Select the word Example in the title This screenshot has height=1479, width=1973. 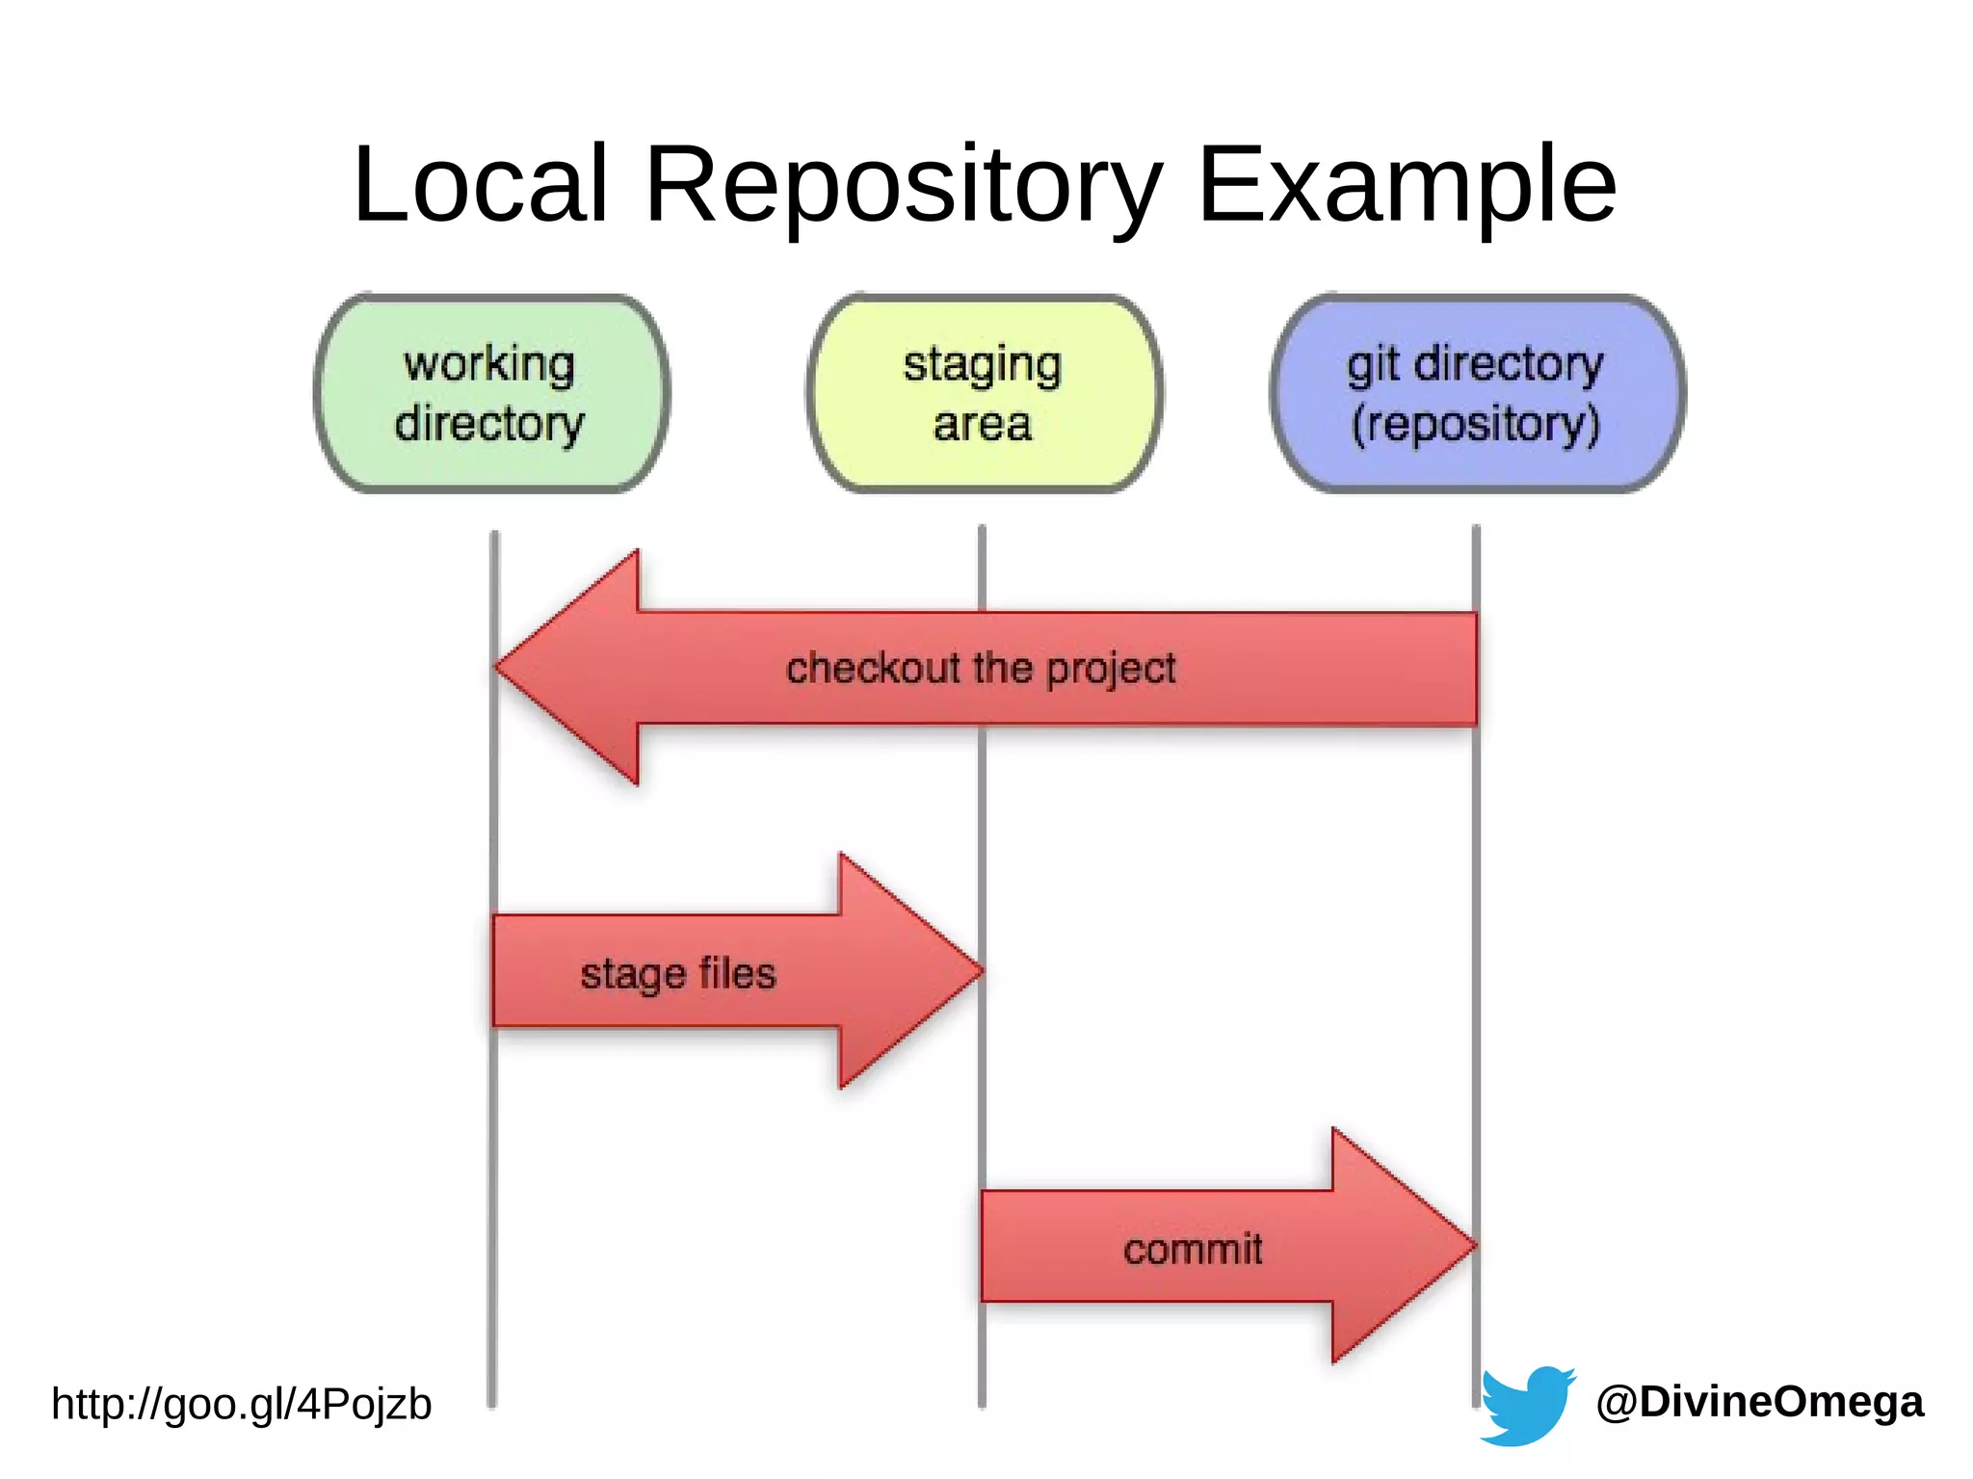click(1406, 185)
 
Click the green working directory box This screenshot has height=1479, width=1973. click(492, 394)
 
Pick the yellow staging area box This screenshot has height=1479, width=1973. click(984, 394)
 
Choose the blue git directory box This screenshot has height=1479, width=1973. click(1477, 394)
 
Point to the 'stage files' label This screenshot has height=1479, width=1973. click(677, 974)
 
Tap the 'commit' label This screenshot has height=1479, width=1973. click(1193, 1250)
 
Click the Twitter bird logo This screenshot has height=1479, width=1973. click(1526, 1404)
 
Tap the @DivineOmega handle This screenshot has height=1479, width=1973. click(1759, 1402)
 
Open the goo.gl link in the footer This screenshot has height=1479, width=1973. click(241, 1405)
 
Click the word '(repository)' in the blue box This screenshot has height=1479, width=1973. click(1476, 424)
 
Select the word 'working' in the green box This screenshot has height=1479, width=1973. click(489, 364)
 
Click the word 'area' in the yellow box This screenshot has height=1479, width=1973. click(983, 425)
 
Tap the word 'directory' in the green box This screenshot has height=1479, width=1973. click(489, 424)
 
